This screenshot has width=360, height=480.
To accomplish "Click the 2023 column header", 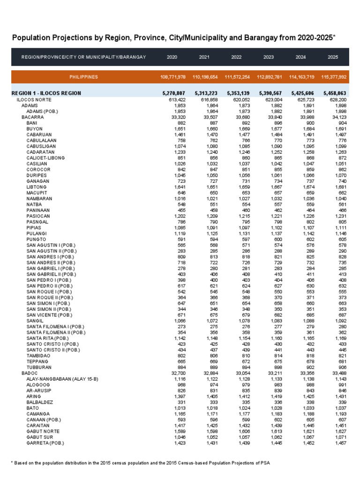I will (x=269, y=57).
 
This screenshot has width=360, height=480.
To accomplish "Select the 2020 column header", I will (x=172, y=57).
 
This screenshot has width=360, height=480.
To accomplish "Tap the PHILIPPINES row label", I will (x=84, y=76).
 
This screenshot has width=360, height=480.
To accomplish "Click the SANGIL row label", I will (x=36, y=320).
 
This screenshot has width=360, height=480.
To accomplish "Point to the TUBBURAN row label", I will (x=39, y=367).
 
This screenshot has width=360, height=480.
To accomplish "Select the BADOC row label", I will (x=29, y=373).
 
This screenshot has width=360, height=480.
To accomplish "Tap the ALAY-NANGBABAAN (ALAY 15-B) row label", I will (x=61, y=379).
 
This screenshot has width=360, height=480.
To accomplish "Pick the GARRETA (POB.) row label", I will (x=45, y=442).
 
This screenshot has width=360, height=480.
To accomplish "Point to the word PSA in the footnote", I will (x=265, y=463).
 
